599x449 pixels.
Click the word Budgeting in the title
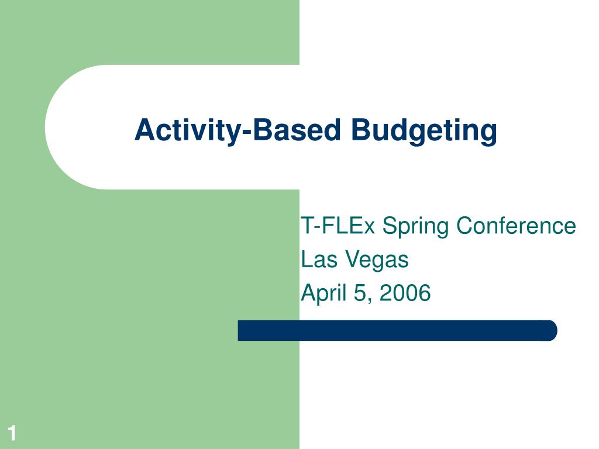tap(424, 132)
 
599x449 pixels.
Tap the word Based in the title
tap(297, 130)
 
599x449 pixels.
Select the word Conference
tap(516, 225)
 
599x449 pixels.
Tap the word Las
tap(319, 259)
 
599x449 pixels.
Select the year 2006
tap(405, 293)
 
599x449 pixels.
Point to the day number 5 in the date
tap(360, 293)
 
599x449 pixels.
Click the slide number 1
tap(12, 433)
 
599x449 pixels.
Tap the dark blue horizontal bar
tap(397, 330)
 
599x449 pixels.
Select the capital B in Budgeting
tap(361, 129)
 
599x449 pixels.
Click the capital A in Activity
tap(146, 129)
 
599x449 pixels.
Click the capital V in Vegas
tap(354, 259)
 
